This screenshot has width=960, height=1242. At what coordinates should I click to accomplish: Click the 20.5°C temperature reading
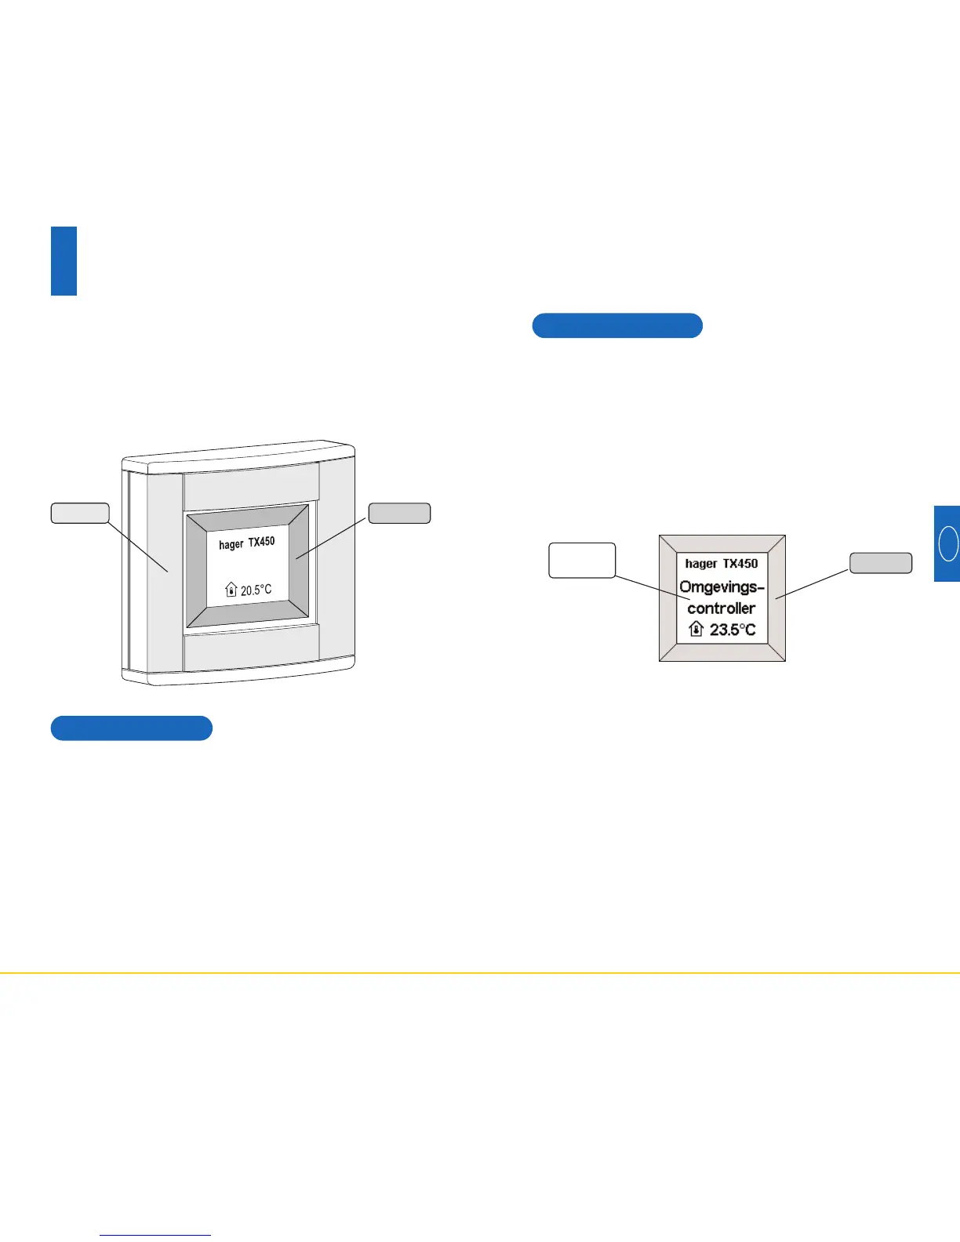(x=256, y=590)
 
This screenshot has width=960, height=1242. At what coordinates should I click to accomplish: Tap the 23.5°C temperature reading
(x=733, y=629)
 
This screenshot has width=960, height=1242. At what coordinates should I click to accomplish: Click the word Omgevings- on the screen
(x=721, y=586)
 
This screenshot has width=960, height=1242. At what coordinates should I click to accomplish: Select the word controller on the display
(x=722, y=608)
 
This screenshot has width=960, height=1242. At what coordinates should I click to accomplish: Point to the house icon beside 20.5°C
(x=231, y=589)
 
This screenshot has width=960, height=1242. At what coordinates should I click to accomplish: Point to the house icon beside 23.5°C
(x=696, y=628)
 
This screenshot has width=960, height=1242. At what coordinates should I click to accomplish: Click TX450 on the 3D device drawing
(x=262, y=542)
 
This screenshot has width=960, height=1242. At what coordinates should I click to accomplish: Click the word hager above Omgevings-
(x=701, y=563)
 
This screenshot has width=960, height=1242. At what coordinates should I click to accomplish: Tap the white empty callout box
(x=582, y=560)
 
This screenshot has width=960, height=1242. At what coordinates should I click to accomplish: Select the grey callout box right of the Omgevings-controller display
(x=881, y=562)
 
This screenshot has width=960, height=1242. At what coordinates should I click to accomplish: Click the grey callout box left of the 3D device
(x=80, y=513)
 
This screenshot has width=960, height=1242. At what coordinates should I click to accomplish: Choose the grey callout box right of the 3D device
(x=399, y=513)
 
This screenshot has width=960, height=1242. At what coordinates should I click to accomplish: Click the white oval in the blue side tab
(x=948, y=543)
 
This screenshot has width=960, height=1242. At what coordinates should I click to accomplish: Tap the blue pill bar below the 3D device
(x=132, y=728)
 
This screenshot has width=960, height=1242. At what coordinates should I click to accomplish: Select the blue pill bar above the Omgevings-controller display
(x=617, y=325)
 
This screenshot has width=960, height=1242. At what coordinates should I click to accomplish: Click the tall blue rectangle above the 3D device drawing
(x=64, y=260)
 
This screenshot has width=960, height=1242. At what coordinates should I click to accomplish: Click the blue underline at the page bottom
(x=156, y=1235)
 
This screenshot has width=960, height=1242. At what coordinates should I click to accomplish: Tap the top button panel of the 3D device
(x=251, y=485)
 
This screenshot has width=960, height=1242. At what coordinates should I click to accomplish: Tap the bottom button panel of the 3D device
(x=251, y=652)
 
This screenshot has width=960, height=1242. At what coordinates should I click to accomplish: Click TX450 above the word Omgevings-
(x=740, y=563)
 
